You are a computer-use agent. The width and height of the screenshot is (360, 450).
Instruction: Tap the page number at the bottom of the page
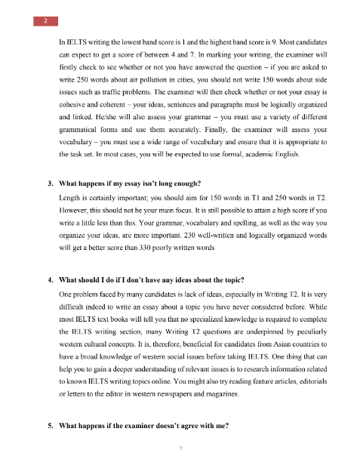click(180, 446)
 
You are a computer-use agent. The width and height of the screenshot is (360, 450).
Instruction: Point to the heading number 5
click(50, 426)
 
